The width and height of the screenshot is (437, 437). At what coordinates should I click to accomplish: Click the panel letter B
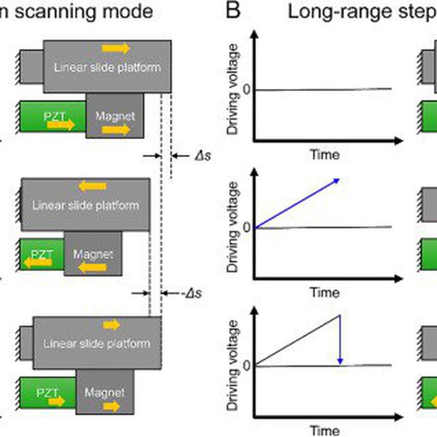[x=233, y=12]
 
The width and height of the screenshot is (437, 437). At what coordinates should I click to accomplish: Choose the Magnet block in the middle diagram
[x=93, y=253]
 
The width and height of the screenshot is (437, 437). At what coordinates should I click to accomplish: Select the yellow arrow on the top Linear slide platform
[x=116, y=48]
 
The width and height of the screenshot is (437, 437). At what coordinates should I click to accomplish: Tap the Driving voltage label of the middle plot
[x=232, y=227]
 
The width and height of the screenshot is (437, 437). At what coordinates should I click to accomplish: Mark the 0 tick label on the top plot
[x=247, y=90]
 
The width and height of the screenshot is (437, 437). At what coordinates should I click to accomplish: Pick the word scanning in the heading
[x=48, y=12]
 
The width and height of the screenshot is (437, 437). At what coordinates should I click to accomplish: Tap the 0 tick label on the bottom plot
[x=247, y=365]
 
